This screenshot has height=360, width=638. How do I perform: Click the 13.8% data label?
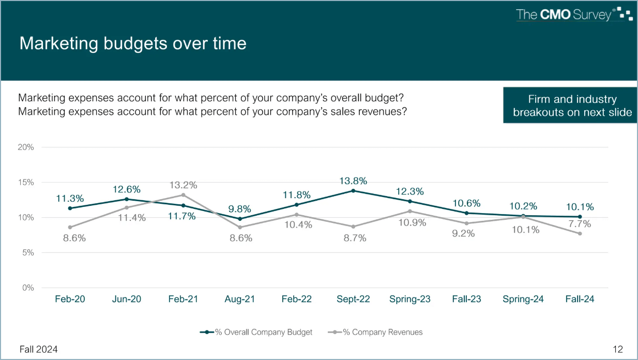354,181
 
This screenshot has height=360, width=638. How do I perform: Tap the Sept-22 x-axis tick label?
353,299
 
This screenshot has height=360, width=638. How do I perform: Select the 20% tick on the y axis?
26,147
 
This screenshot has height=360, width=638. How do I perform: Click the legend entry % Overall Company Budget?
256,332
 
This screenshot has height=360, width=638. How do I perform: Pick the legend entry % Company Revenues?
376,332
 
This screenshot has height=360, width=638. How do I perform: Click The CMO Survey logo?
574,14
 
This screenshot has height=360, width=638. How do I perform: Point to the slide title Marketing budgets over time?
133,43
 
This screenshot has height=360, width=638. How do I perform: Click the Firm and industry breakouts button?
572,106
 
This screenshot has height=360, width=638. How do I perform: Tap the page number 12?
618,349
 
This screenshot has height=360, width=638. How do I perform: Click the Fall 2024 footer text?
39,349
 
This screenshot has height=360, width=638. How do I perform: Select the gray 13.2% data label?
183,185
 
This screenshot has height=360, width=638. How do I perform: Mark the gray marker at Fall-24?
580,233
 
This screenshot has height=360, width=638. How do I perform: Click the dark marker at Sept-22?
353,190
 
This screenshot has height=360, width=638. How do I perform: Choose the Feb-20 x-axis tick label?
70,299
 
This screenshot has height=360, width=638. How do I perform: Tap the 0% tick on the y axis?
28,288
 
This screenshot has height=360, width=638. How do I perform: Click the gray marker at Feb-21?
183,195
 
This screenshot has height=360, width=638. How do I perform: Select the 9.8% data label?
240,209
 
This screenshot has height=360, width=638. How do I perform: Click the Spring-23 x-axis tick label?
409,299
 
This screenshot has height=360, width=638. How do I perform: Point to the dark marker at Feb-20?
70,208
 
